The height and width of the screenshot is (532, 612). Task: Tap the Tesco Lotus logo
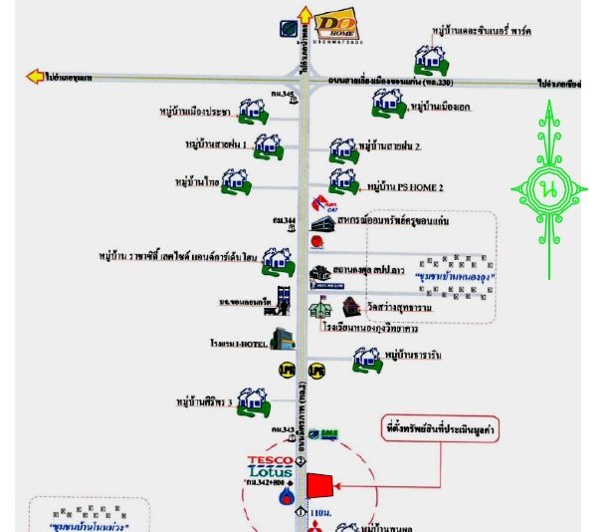point(271,465)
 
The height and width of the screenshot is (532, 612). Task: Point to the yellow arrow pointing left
point(36,76)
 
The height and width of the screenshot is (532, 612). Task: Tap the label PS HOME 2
point(405,186)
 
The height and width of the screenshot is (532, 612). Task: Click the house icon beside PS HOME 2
point(343,181)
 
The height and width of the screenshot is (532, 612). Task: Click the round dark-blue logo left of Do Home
point(287,29)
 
